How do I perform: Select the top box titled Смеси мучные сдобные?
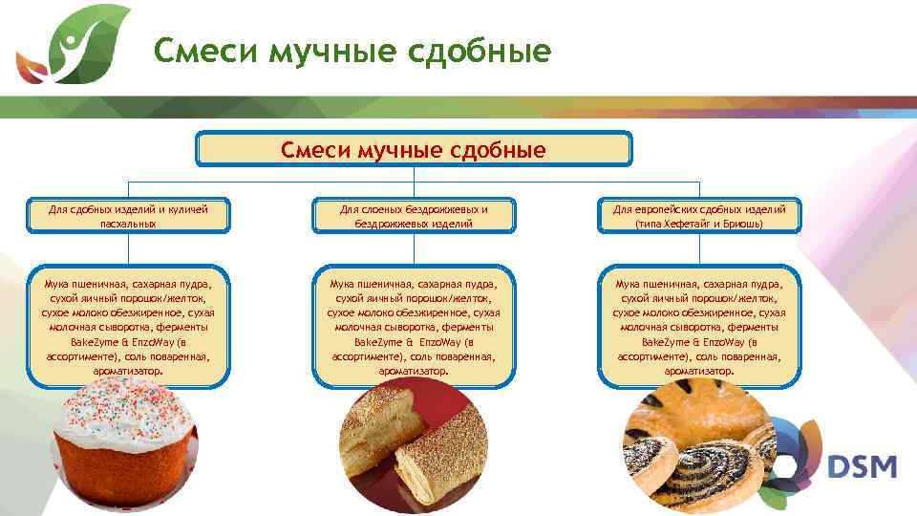coord(414,149)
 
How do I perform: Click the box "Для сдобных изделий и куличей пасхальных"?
coord(128,216)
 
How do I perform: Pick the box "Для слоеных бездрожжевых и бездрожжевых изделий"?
coord(414,216)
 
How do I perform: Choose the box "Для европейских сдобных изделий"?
coord(699,216)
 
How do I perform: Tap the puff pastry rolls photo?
coord(414,444)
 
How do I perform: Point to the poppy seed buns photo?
coord(697,449)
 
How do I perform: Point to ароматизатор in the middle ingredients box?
coord(412,370)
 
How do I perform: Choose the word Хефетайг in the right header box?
coord(687,224)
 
